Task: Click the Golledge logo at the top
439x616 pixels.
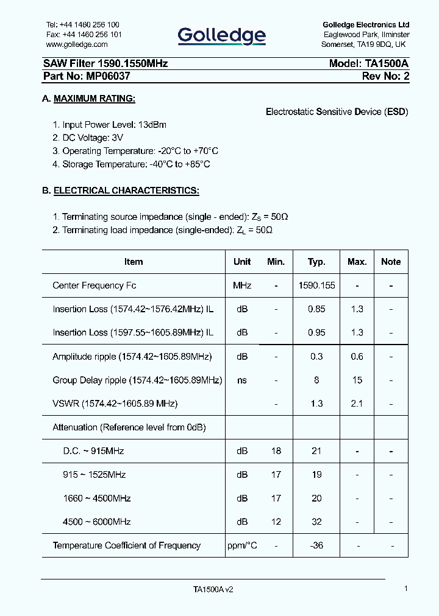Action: coord(221,36)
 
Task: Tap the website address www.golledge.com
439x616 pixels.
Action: coord(77,44)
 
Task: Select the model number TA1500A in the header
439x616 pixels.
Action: coord(387,63)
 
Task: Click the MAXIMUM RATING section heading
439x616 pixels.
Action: coord(95,99)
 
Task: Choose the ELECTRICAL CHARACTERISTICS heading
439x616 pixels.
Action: coord(126,191)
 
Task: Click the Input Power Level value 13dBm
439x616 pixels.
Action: coord(152,125)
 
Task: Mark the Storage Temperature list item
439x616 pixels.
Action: coord(131,164)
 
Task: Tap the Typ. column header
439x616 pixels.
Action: coord(316,262)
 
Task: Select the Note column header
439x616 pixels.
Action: coord(391,262)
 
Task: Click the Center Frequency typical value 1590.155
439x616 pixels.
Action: coord(316,285)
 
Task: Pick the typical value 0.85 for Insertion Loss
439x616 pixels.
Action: coord(316,309)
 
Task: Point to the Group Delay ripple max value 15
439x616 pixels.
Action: coord(357,380)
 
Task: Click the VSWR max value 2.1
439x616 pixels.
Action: coord(357,404)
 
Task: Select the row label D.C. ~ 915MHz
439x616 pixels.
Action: coord(93,451)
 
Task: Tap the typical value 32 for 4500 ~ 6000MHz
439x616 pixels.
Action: coord(316,522)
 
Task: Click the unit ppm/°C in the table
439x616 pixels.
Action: coord(242,546)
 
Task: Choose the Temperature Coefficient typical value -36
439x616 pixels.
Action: coord(316,546)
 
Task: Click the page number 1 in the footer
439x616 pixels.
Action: coord(406,589)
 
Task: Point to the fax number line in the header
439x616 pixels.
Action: coord(84,35)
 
